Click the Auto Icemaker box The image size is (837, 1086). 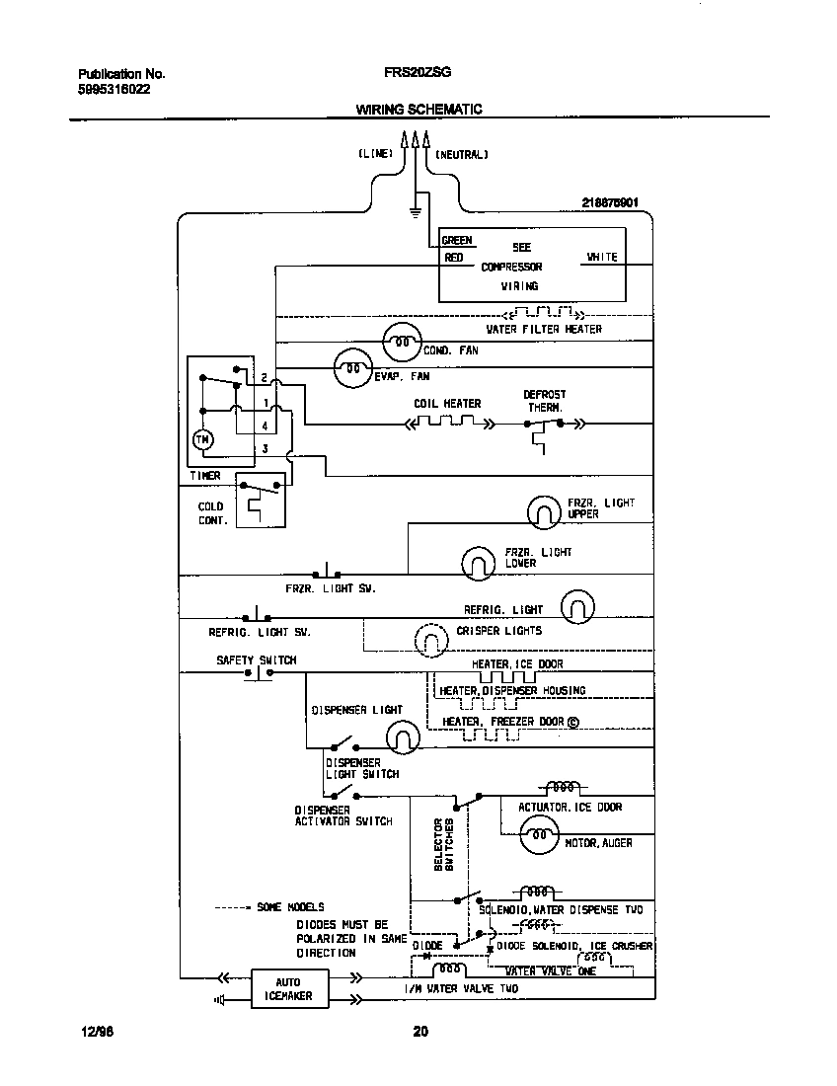tap(287, 989)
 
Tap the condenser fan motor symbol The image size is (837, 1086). tap(401, 343)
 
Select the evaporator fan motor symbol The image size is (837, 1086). tap(351, 370)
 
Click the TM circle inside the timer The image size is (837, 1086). tap(202, 440)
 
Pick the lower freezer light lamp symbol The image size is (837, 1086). tap(478, 562)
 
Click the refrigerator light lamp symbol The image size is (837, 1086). tap(578, 607)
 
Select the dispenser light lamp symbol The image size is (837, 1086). tap(400, 737)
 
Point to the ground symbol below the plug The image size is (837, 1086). tap(416, 209)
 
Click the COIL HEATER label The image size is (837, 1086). tap(447, 404)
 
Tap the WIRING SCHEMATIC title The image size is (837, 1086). tap(418, 110)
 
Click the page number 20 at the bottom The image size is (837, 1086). tap(420, 1033)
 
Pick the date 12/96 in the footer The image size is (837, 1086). tap(97, 1033)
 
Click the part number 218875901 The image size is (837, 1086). tap(610, 202)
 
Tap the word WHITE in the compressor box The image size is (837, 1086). tap(602, 257)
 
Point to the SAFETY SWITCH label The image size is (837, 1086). tap(256, 660)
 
